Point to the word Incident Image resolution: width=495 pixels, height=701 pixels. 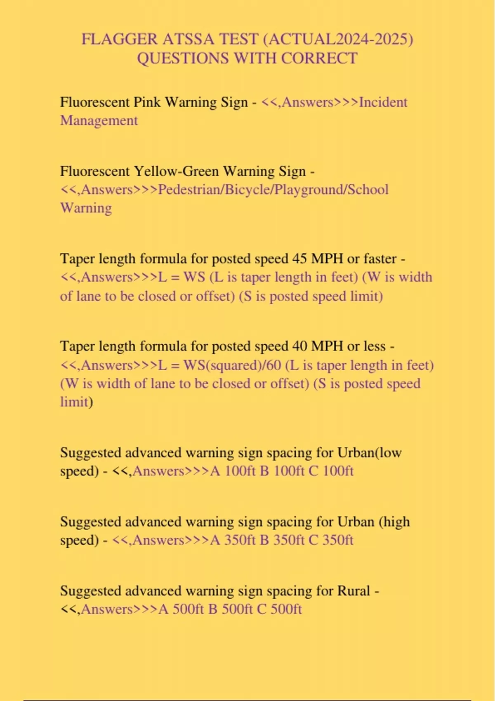[383, 102]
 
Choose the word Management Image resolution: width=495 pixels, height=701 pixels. [99, 120]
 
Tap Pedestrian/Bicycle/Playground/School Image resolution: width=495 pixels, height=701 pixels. [273, 190]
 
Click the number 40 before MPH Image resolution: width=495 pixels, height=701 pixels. [300, 346]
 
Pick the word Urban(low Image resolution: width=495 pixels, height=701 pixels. [369, 453]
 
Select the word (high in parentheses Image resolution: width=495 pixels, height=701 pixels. [394, 522]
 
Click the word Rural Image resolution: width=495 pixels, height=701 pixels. [354, 591]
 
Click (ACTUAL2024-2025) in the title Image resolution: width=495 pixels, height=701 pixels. [338, 40]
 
